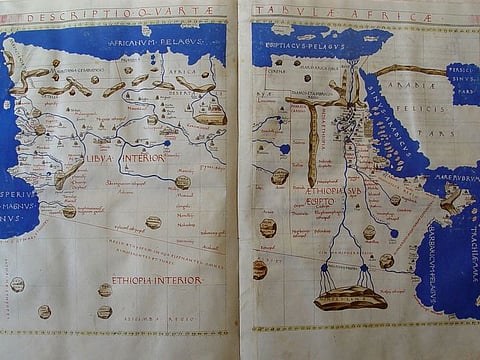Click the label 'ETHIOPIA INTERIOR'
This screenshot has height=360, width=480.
(x=156, y=280)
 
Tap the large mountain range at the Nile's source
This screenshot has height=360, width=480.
(x=350, y=297)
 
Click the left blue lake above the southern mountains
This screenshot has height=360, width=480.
(x=325, y=267)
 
